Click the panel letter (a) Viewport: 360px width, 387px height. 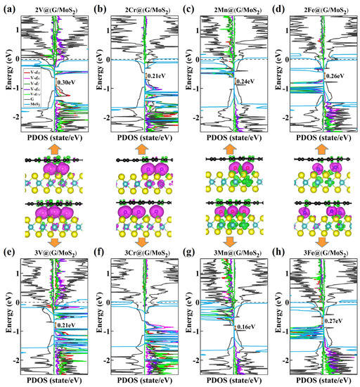coord(8,8)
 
